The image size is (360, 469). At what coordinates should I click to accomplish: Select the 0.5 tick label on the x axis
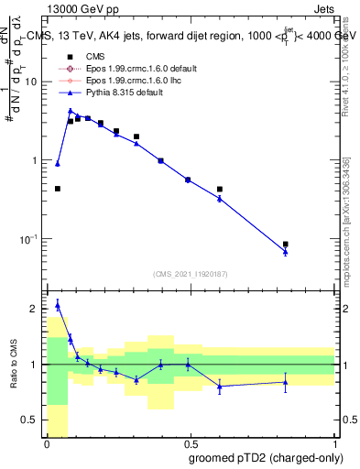click(x=190, y=444)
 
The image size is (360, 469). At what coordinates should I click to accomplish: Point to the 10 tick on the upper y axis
click(x=31, y=82)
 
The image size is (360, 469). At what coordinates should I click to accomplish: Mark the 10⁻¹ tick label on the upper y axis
click(x=29, y=239)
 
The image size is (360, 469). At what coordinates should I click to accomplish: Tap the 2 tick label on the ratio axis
click(x=36, y=309)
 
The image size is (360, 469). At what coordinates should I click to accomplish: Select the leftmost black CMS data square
click(x=58, y=189)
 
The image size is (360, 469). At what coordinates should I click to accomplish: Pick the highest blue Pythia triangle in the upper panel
click(x=70, y=111)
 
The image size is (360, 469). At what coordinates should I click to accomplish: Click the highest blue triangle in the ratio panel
click(x=58, y=305)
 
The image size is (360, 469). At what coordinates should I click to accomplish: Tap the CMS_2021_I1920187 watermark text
click(x=190, y=274)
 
